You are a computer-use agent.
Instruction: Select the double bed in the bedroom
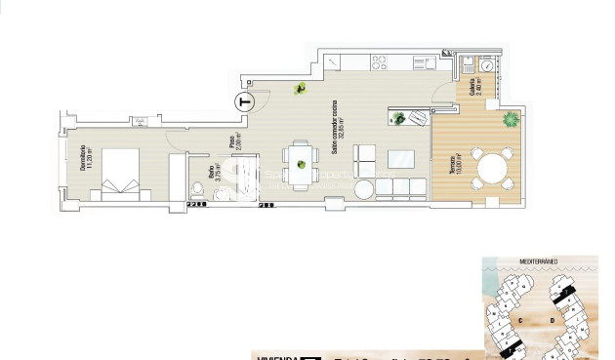[122, 172]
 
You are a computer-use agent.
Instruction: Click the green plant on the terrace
[510, 121]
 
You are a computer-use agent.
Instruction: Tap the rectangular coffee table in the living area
[401, 158]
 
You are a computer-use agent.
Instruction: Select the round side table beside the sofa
[363, 187]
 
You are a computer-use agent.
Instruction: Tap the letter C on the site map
[521, 319]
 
